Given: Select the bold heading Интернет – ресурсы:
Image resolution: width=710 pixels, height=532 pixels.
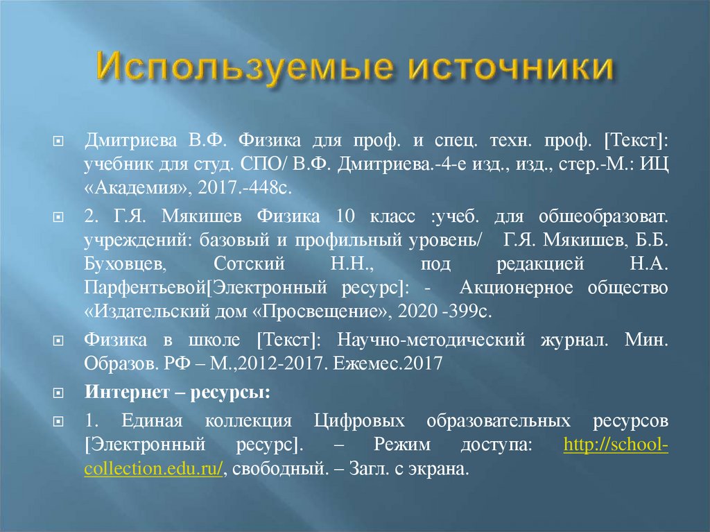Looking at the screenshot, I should click(x=177, y=393).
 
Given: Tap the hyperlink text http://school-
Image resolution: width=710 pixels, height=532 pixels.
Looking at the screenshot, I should click(x=616, y=445).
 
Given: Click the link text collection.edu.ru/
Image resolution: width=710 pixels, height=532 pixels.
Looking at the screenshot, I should click(x=153, y=468).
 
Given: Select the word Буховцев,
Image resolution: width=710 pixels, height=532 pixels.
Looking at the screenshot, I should click(x=125, y=264).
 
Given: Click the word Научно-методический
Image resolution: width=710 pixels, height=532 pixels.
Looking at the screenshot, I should click(x=428, y=341).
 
